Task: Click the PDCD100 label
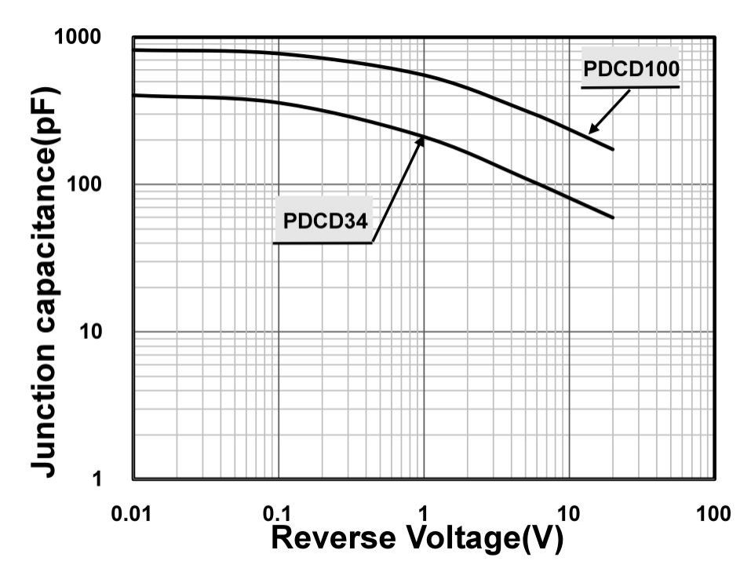coord(630,69)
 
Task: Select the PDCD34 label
coord(325,220)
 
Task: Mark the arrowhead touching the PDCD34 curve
coord(421,140)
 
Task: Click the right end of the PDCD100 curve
coord(613,149)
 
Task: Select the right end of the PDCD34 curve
coord(613,217)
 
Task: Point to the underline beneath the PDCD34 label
coord(322,242)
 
